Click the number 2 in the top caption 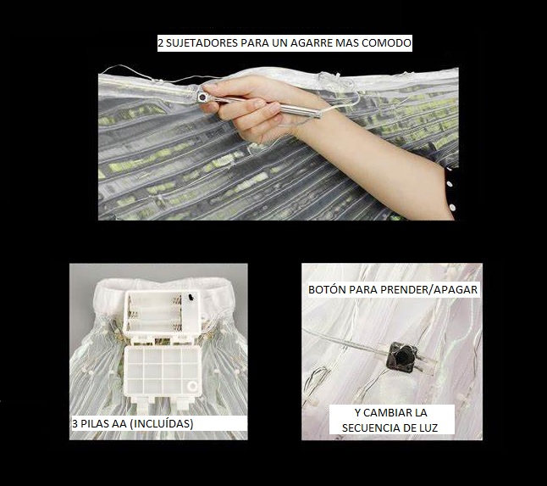tap(161, 43)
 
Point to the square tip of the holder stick tap(202, 97)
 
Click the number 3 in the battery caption tap(75, 424)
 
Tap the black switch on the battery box tap(191, 298)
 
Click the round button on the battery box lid tap(192, 386)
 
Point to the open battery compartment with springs tap(153, 311)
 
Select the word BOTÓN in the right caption tap(327, 290)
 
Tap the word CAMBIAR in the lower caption tap(386, 412)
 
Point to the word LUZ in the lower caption tap(428, 428)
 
